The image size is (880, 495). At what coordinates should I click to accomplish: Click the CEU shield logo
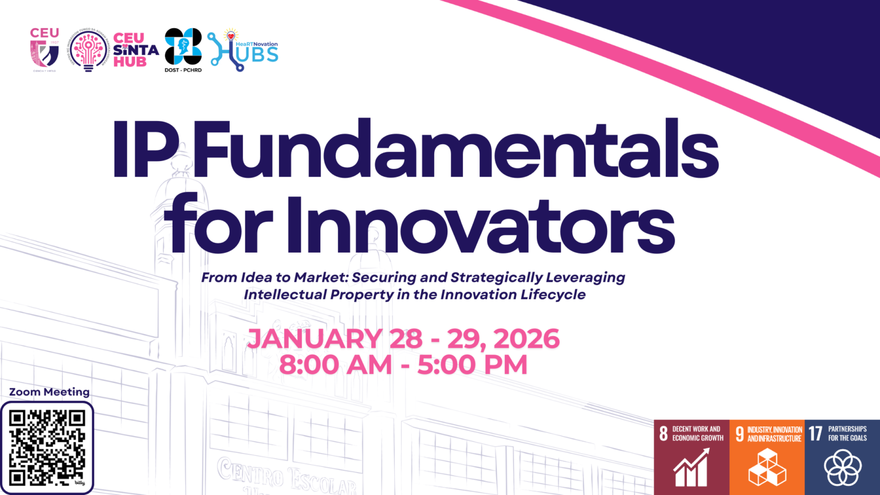tap(45, 50)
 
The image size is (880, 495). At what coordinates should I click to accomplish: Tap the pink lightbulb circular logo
tap(88, 50)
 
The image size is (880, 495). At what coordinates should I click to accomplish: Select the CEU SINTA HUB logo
tap(135, 50)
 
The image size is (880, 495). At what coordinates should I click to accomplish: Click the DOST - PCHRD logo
tap(183, 47)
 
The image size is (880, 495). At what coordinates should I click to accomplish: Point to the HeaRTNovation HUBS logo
tap(243, 50)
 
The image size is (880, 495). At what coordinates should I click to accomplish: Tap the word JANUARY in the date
tap(315, 339)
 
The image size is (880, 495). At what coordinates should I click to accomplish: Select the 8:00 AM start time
tap(336, 365)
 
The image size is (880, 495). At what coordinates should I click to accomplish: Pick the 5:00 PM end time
tap(472, 365)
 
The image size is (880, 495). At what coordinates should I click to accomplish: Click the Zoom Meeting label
tap(49, 392)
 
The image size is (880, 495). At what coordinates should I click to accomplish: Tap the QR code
tap(47, 447)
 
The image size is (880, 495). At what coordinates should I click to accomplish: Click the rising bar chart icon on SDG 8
tap(691, 467)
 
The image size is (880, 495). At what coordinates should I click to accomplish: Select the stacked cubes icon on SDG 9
tap(767, 467)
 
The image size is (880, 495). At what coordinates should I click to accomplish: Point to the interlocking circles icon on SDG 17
tap(842, 467)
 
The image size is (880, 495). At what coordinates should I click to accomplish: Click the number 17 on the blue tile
tap(815, 433)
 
